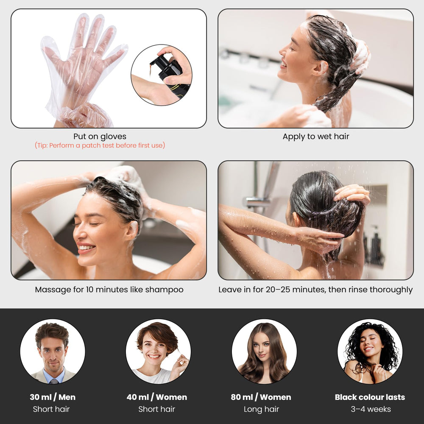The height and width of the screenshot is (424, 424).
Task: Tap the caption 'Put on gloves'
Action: (x=100, y=137)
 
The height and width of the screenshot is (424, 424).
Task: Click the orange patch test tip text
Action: (x=100, y=145)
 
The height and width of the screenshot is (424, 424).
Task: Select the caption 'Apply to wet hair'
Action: (x=316, y=137)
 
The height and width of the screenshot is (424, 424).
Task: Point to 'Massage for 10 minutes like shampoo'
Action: (x=109, y=290)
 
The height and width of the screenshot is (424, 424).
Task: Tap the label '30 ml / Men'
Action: (x=53, y=397)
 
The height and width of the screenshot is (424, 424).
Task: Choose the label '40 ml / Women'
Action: (x=157, y=397)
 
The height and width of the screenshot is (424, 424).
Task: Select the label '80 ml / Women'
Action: (x=261, y=397)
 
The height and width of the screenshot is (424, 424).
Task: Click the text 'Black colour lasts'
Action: (x=370, y=397)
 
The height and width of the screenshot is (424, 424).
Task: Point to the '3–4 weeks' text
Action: (x=371, y=409)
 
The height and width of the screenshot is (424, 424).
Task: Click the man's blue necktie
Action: (x=54, y=381)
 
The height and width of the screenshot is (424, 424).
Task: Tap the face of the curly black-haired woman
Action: (x=369, y=342)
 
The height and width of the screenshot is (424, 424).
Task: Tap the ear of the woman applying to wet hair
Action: (x=320, y=67)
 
